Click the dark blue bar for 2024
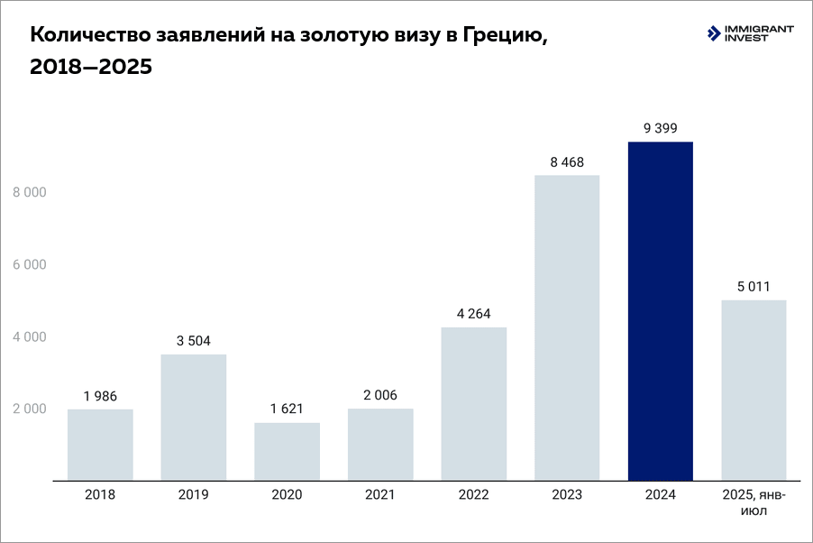[661, 310]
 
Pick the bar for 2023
[567, 327]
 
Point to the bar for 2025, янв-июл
[754, 390]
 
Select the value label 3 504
[193, 341]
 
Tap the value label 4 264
[473, 314]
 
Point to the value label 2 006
[379, 395]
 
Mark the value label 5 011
[754, 287]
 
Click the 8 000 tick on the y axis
[30, 192]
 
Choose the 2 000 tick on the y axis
[30, 409]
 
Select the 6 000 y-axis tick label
[30, 264]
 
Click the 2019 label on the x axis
[193, 494]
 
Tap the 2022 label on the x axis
[473, 494]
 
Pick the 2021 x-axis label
[379, 494]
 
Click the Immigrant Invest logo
[750, 34]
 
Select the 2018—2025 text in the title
[91, 68]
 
